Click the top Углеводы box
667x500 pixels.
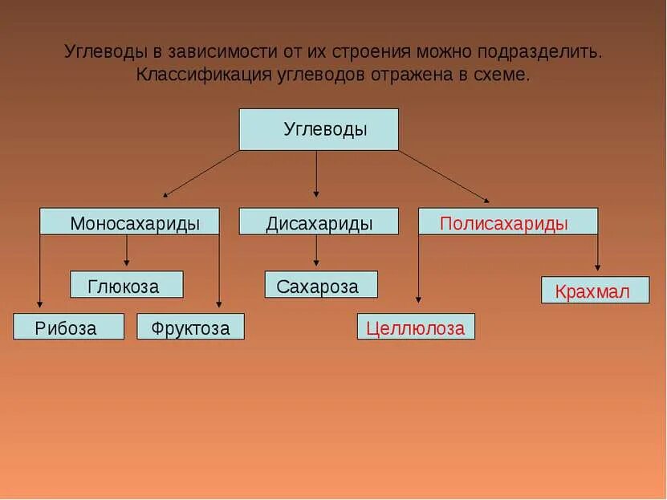click(319, 129)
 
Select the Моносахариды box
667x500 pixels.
click(129, 222)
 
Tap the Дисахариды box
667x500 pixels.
click(319, 222)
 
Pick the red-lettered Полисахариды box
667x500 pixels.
click(507, 222)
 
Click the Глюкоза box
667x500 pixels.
click(126, 285)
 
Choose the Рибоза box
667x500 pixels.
click(68, 327)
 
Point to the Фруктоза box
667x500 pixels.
click(190, 327)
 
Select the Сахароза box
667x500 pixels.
click(321, 285)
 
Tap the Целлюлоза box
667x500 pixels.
click(416, 327)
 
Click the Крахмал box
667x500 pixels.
click(596, 291)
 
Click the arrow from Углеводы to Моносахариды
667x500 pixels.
click(201, 173)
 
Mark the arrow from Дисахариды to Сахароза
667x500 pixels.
click(316, 250)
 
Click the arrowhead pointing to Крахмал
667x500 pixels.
click(597, 267)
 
